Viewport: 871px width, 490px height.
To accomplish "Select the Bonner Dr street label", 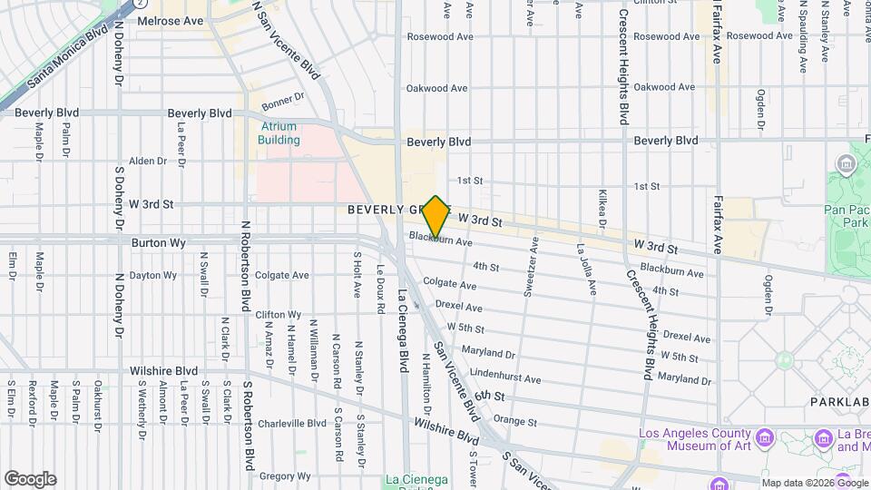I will coord(281,97).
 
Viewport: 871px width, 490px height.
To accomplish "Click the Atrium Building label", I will coord(279,133).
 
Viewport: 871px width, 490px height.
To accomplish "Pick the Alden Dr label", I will coord(148,162).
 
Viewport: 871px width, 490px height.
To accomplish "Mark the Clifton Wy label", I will coord(278,315).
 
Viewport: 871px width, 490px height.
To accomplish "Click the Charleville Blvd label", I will coord(291,424).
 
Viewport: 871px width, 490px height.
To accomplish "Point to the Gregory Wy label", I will coord(285,476).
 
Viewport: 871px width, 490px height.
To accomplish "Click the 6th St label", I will coord(488,396).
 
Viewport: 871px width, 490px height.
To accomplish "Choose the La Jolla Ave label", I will coord(586,269).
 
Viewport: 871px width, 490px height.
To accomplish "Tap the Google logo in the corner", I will coord(30,479).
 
